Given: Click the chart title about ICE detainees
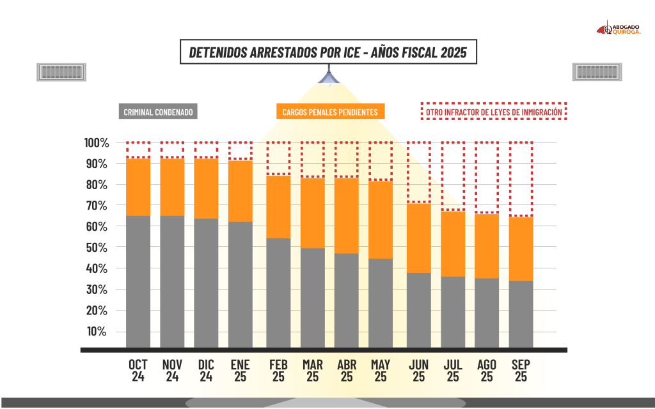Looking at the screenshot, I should coord(327,52).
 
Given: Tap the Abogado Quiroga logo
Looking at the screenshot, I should coord(619,29).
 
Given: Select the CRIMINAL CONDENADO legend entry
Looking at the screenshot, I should coord(157,112).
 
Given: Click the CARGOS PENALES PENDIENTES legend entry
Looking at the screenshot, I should coord(330,112).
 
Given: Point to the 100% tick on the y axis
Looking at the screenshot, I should coord(98,143).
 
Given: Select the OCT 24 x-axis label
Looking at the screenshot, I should coord(138,371).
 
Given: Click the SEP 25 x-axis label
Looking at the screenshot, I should coord(521,371).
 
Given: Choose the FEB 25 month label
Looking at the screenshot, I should coord(278,371).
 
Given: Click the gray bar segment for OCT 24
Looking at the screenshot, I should coord(138,281).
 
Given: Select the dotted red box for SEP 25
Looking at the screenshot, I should coord(521,179).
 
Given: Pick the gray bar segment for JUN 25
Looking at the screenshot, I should coord(418,310).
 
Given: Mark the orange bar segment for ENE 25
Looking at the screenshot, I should coord(241,191).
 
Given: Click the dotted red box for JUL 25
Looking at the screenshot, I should coord(453,176).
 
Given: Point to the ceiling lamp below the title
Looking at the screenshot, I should coord(327,78).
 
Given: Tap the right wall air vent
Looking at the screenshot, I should coord(594,72).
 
